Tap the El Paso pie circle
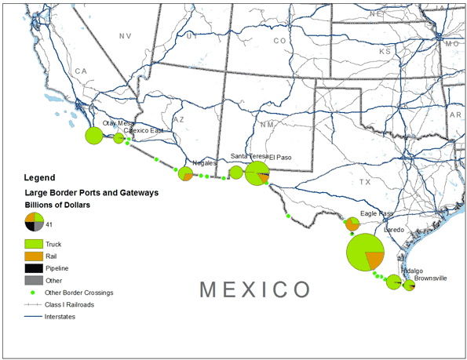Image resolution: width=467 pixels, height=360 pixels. coord(257,173)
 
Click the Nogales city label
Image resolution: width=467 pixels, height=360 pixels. coord(204,162)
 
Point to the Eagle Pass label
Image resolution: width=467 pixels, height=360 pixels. coord(375,213)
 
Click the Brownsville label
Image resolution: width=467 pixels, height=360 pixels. coord(430,278)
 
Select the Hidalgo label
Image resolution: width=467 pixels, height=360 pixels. coord(412,271)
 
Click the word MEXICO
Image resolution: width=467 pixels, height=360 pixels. coord(254,289)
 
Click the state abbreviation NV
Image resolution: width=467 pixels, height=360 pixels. coord(126,37)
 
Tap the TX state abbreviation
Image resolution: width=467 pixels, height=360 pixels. coord(364,182)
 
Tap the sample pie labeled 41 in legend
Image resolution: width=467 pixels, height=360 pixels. coord(33,222)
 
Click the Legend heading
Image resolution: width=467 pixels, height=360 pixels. coord(40,177)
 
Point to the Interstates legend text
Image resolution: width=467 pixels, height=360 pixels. coord(60,316)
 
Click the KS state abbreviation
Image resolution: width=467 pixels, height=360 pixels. coord(385,51)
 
